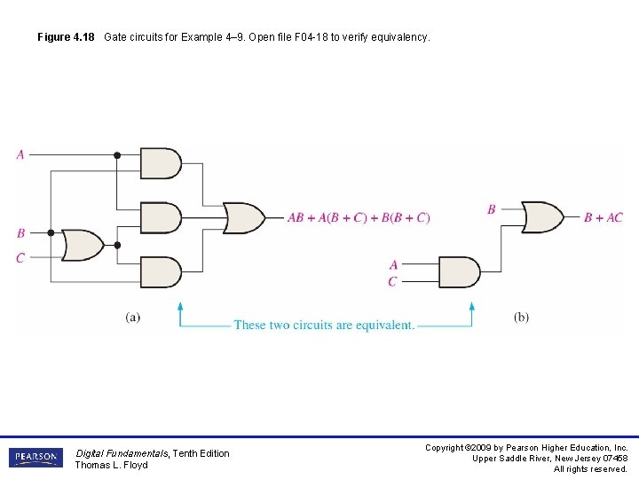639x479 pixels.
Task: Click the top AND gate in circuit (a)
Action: pyautogui.click(x=161, y=163)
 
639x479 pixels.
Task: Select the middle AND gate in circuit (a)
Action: pyautogui.click(x=161, y=217)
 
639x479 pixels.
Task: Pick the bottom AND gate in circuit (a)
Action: pyautogui.click(x=161, y=271)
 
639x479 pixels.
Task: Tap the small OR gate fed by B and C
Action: pyautogui.click(x=82, y=245)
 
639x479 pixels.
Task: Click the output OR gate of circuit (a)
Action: pyautogui.click(x=243, y=217)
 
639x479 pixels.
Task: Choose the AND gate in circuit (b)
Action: pyautogui.click(x=459, y=271)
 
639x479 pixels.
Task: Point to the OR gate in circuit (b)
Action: pyautogui.click(x=542, y=216)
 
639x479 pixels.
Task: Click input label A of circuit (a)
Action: pyautogui.click(x=20, y=154)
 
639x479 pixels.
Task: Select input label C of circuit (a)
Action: pyautogui.click(x=20, y=257)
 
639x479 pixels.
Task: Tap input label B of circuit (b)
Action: pyautogui.click(x=491, y=209)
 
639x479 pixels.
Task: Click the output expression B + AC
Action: pyautogui.click(x=603, y=217)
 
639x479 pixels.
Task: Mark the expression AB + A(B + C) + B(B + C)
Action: pyautogui.click(x=359, y=218)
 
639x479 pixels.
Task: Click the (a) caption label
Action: pyautogui.click(x=132, y=317)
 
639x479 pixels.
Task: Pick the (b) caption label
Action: pyautogui.click(x=521, y=317)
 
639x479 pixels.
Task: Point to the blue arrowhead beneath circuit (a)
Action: pyautogui.click(x=180, y=308)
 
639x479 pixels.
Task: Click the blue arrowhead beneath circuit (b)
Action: pyautogui.click(x=472, y=308)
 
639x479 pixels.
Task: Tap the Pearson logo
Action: pyautogui.click(x=35, y=458)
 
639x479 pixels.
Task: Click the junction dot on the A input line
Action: pyautogui.click(x=117, y=155)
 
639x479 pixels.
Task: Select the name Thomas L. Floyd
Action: pyautogui.click(x=111, y=465)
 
